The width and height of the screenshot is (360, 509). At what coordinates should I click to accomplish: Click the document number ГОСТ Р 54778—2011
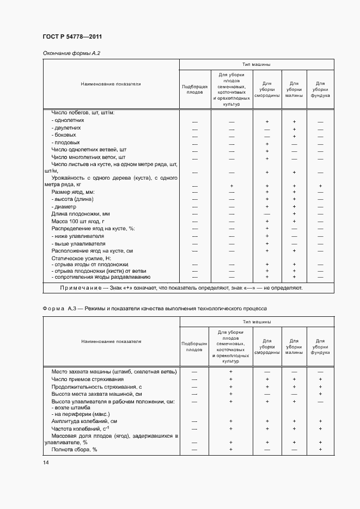tap(72, 37)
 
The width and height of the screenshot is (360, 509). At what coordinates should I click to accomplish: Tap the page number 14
tap(46, 463)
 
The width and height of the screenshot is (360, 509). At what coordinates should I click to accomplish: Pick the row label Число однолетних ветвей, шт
tap(89, 149)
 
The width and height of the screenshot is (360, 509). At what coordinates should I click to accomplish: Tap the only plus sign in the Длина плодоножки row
tap(294, 214)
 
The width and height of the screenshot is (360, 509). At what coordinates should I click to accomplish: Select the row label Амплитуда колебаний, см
tap(84, 421)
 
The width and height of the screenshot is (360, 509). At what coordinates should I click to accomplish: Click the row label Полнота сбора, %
tap(74, 450)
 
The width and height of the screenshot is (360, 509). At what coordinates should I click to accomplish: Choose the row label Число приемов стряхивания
tap(88, 379)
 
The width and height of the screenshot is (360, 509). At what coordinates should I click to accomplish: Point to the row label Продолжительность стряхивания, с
tap(95, 387)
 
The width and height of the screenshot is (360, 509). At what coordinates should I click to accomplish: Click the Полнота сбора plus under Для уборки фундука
tap(320, 450)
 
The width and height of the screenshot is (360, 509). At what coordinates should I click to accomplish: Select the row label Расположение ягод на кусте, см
tap(92, 251)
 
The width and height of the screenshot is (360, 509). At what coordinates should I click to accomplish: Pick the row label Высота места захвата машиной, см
tap(96, 394)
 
